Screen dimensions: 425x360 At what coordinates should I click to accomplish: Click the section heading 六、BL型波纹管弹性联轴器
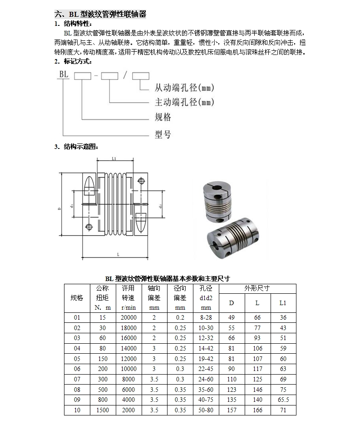pos(100,15)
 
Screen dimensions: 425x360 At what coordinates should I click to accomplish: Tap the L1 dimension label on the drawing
pos(114,159)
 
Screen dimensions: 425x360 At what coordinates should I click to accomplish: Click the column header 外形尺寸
pos(257,288)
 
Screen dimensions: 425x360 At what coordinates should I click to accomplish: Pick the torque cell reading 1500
pos(103,410)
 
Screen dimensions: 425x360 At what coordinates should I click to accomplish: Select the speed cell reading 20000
pos(128,317)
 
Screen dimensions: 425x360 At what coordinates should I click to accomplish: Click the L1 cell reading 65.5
pos(283,400)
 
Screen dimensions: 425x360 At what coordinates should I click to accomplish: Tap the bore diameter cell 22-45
pos(206,369)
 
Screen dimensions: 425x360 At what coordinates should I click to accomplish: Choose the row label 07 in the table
pos(77,379)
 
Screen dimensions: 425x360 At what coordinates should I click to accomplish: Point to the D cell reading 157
pos(232,410)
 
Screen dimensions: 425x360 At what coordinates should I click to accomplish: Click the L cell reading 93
pos(257,338)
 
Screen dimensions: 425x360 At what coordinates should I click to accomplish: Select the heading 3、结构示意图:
pos(76,147)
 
